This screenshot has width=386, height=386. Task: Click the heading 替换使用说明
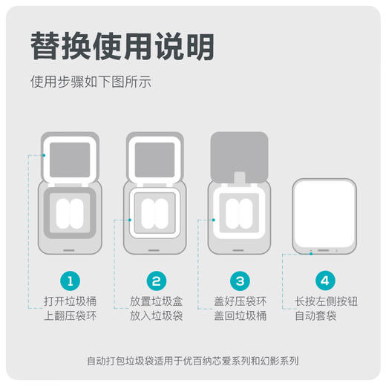click(122, 46)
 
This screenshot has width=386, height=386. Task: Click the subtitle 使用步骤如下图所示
click(91, 82)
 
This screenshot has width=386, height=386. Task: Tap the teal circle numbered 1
click(69, 281)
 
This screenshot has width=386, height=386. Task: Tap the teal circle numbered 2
click(156, 281)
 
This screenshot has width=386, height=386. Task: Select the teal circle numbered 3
click(241, 281)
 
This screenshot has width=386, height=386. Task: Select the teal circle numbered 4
click(325, 281)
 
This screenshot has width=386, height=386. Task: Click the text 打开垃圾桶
click(70, 302)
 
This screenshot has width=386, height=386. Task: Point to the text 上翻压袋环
click(70, 316)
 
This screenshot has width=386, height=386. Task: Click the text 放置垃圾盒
click(156, 302)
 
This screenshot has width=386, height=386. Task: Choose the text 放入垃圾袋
click(156, 316)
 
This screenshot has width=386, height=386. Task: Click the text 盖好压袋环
click(241, 302)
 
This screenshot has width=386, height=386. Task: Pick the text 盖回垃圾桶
click(241, 316)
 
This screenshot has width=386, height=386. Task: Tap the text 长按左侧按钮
click(325, 302)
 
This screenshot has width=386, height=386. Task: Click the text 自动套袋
click(325, 316)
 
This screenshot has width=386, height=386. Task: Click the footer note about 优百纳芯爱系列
click(192, 362)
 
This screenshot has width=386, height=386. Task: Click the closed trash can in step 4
click(325, 216)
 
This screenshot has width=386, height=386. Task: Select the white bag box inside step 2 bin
click(156, 213)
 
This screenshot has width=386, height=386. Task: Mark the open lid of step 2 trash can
click(156, 157)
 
